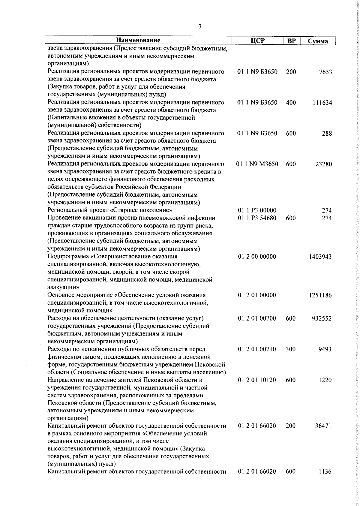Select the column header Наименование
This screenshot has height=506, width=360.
click(138, 40)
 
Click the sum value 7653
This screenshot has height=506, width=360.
click(325, 72)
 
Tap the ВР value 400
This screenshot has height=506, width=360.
click(291, 103)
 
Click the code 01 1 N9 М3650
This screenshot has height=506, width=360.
click(258, 164)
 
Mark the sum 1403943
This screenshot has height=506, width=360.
click(320, 257)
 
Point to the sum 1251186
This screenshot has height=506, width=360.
click(320, 295)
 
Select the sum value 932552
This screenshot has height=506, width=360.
click(321, 318)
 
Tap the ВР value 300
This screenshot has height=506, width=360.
click(291, 349)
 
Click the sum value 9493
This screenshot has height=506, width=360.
click(325, 349)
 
